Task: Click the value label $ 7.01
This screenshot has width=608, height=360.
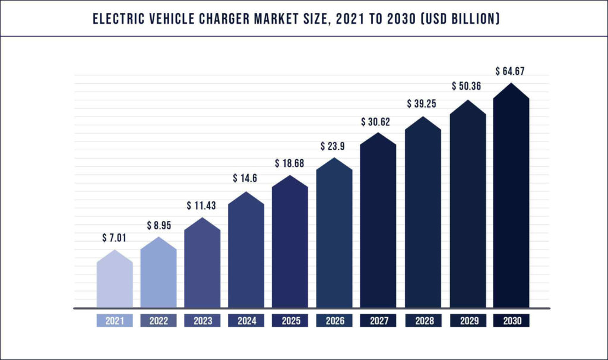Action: (115, 238)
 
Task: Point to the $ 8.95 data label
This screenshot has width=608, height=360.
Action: (159, 226)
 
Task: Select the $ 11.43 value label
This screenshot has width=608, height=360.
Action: (202, 206)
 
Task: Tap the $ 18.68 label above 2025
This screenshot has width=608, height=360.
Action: (290, 163)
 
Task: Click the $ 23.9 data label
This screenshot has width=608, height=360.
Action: (334, 146)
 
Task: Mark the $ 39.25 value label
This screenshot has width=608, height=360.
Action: (423, 104)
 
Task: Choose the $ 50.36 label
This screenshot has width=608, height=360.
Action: (467, 87)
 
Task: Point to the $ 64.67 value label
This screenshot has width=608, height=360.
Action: (511, 71)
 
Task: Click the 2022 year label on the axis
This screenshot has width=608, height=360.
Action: (159, 321)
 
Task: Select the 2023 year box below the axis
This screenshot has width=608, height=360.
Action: (202, 321)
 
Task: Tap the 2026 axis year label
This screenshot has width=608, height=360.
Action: (334, 321)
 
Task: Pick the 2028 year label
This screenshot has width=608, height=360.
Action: (423, 321)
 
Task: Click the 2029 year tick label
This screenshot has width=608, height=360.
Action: (467, 321)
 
